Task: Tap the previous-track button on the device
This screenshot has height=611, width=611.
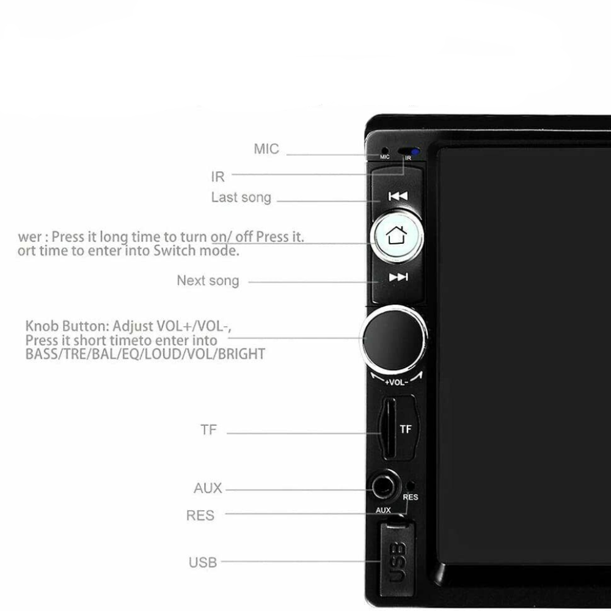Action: (x=398, y=196)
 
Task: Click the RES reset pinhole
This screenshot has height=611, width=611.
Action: (x=409, y=486)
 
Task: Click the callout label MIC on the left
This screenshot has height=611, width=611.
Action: (x=266, y=149)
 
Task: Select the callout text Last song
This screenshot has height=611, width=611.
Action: (x=241, y=197)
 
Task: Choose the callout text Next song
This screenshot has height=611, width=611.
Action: (x=208, y=281)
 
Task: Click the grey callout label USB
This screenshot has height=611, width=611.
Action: (x=203, y=562)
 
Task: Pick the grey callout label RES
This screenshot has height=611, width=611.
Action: (x=200, y=516)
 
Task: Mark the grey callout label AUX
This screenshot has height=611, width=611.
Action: (x=208, y=489)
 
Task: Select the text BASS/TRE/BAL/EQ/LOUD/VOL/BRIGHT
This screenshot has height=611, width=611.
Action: (x=145, y=354)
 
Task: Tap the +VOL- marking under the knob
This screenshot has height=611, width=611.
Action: (x=397, y=382)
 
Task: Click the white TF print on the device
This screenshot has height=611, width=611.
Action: (x=406, y=430)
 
